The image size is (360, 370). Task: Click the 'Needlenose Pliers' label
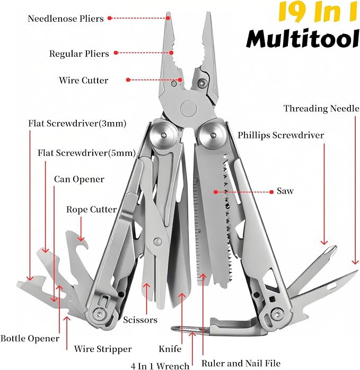66,19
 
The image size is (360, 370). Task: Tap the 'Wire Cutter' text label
84,80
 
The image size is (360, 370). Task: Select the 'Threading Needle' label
321,108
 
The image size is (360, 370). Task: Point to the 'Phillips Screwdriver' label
280,135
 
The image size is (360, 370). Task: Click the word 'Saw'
285,191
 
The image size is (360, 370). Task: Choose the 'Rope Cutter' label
91,209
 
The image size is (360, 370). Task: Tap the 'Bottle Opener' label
30,338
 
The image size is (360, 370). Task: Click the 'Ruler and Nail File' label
241,363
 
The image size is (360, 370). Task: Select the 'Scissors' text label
140,320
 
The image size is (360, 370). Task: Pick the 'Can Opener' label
79,179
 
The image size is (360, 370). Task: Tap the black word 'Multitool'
303,39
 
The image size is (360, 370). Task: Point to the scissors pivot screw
157,241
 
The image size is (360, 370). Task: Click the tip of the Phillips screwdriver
335,248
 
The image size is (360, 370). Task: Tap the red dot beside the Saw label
271,192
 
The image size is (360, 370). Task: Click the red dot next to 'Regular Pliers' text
116,52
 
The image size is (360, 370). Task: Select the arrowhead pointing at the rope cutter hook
81,239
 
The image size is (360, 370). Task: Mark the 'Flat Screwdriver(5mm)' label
86,153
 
